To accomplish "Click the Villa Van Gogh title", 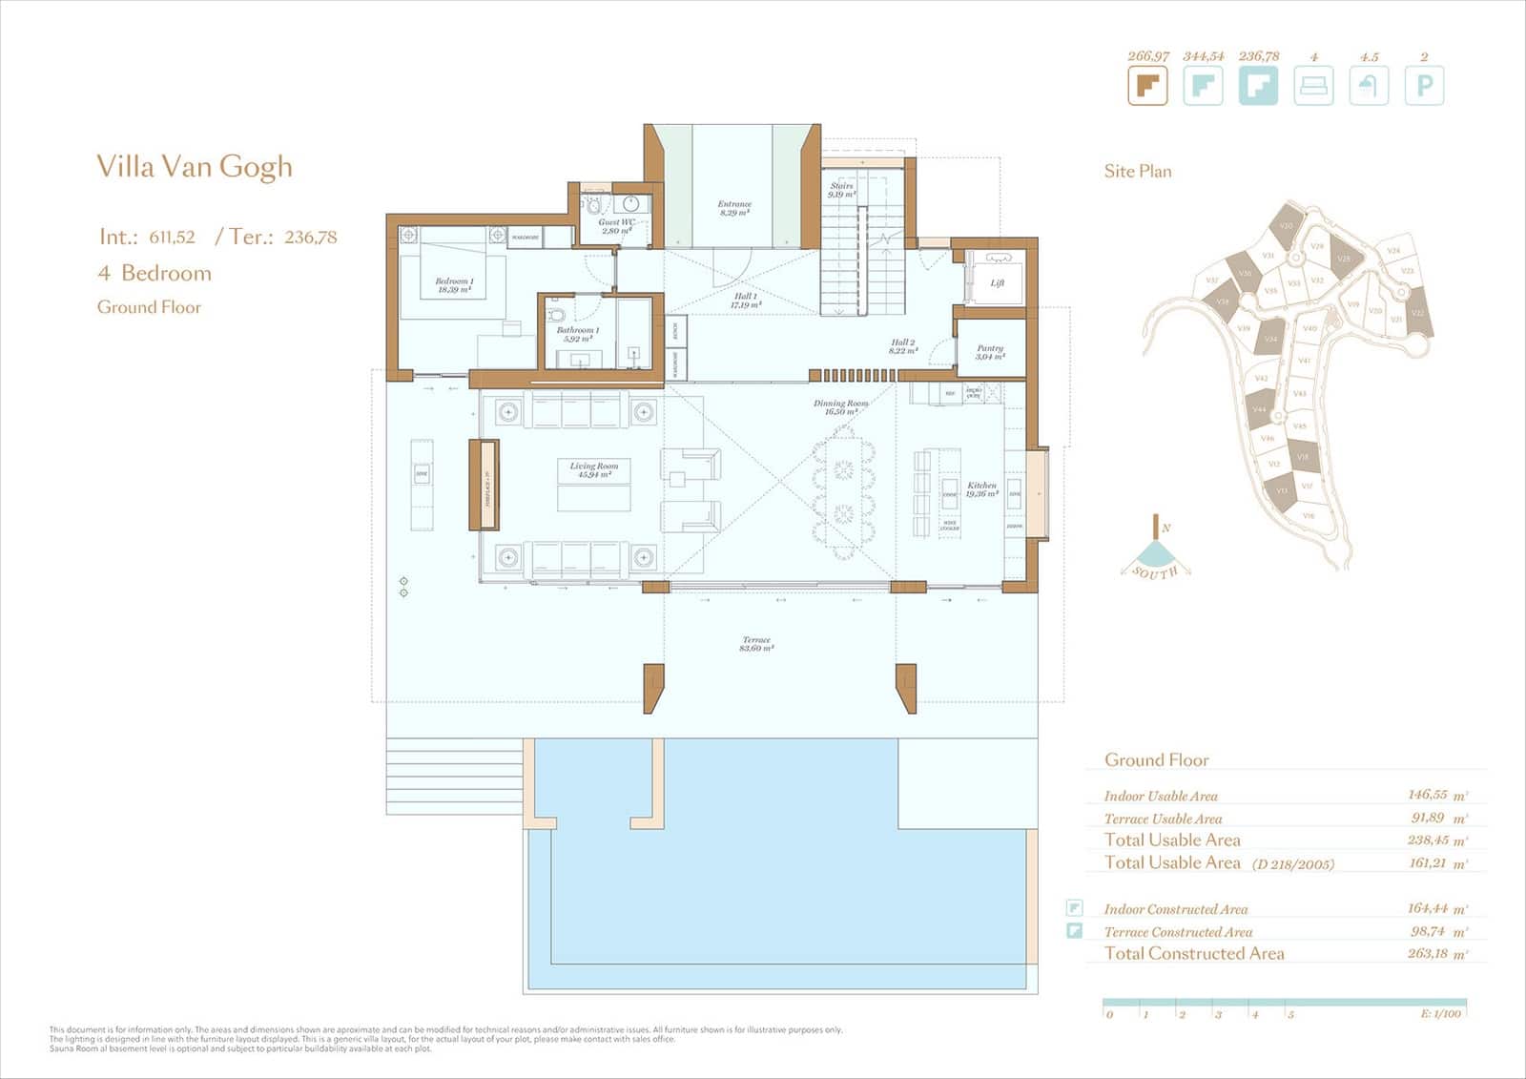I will click(195, 167).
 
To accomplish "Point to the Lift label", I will click(997, 282).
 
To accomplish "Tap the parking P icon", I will click(1424, 86).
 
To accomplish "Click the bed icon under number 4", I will click(1313, 86).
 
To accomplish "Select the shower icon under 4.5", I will click(1369, 86).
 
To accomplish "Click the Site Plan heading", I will click(1138, 172).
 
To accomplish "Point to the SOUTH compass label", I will click(1155, 571).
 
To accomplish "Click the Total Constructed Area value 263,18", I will click(1427, 953).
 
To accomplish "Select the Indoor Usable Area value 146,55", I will click(1427, 795).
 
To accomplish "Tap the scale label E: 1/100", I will click(1440, 1013).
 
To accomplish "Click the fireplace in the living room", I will click(484, 485).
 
